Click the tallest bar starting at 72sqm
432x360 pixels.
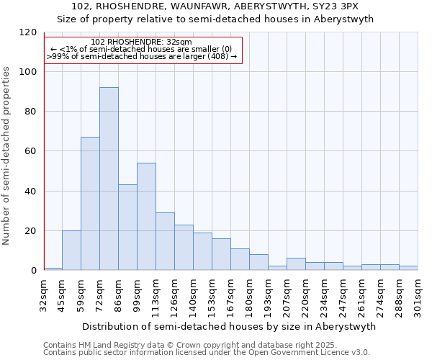coord(109,179)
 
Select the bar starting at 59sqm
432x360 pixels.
coord(90,203)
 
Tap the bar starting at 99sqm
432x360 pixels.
coord(146,216)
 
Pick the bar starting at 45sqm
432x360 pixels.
coord(71,250)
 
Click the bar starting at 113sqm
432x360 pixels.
coord(165,241)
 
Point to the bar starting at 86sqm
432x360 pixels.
coord(127,227)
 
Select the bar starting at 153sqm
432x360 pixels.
coord(221,254)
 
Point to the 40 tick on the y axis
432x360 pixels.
coord(31,192)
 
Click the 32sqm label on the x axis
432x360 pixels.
coord(44,296)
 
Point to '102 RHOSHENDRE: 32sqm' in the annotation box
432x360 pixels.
coord(142,42)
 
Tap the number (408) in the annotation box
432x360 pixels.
coord(217,55)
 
